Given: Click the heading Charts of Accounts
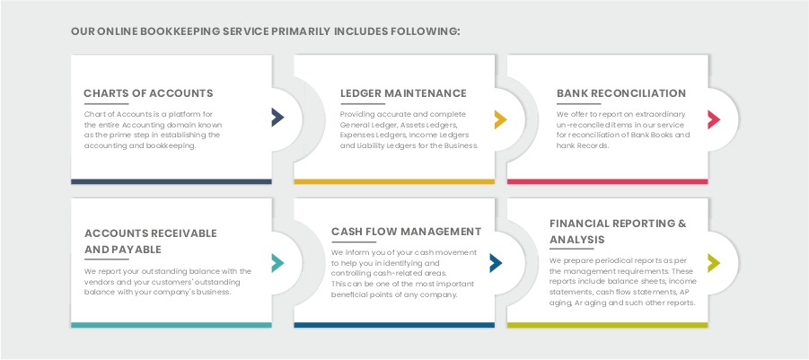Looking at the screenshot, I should click(148, 93).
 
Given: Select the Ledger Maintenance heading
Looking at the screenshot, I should click(403, 93).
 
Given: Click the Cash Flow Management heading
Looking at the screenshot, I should click(406, 232).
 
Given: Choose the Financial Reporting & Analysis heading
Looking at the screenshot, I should click(618, 231).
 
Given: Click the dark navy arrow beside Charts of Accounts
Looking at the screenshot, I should click(277, 117).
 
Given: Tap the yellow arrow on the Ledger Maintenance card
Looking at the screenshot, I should click(500, 119).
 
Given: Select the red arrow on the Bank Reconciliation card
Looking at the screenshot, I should click(714, 119).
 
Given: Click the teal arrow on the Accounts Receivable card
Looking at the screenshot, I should click(277, 262).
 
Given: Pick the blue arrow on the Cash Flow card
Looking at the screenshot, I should click(496, 262).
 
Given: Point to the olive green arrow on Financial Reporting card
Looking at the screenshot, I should click(714, 262).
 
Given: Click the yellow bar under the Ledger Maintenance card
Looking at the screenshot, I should click(394, 181).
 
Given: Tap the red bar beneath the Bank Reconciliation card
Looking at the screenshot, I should click(613, 181).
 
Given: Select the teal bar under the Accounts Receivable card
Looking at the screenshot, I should click(171, 324).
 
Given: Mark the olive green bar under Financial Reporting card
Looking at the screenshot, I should click(613, 324).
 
